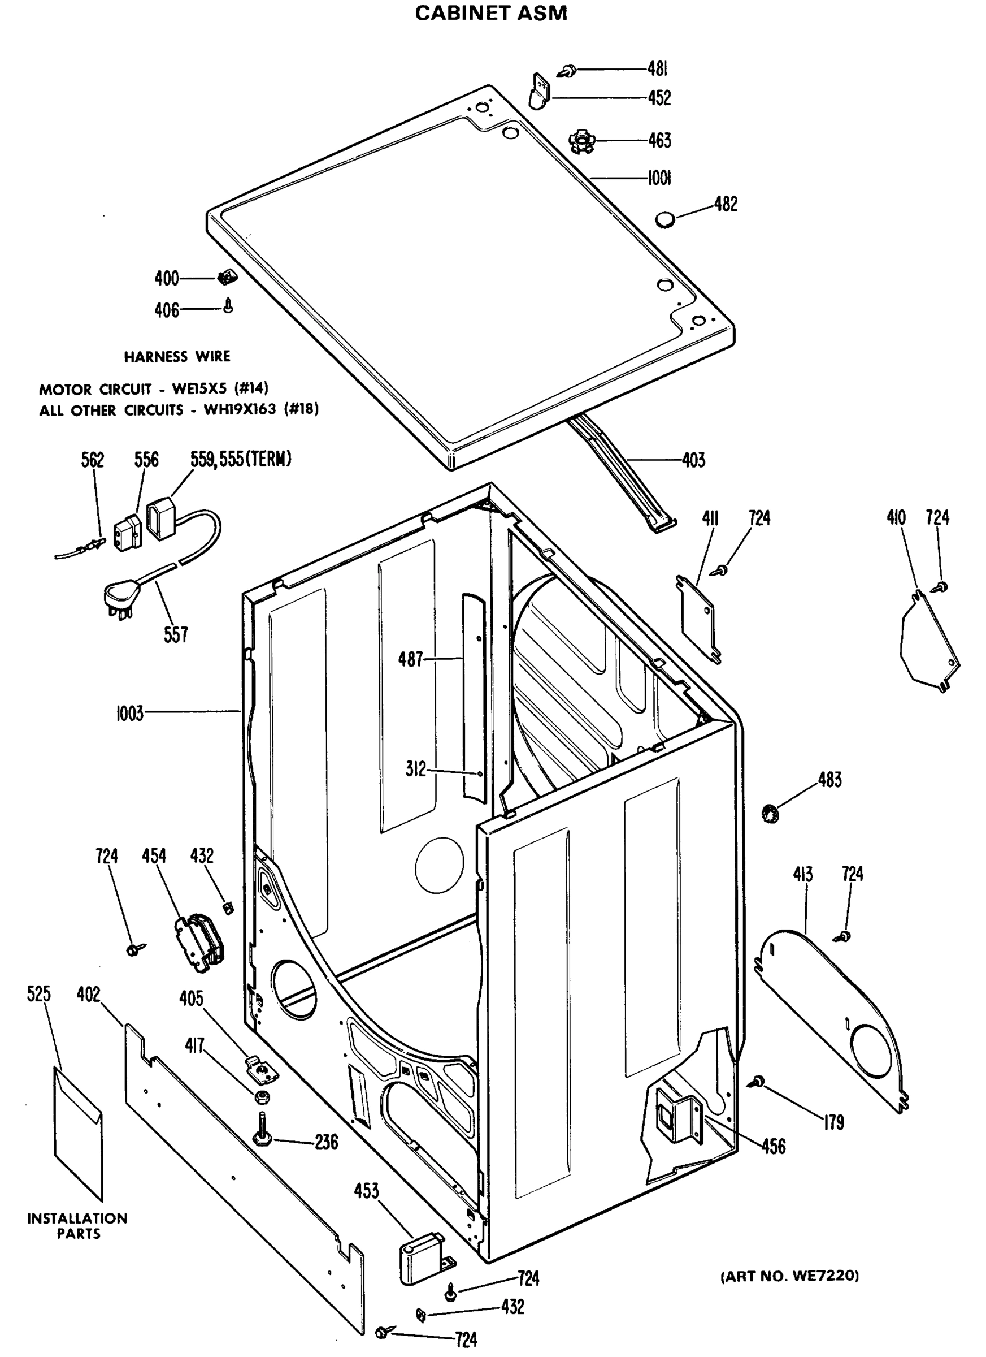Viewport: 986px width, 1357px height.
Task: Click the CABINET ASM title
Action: (x=491, y=13)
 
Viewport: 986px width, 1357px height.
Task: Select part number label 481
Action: (x=657, y=70)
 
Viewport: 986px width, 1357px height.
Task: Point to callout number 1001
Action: (x=659, y=178)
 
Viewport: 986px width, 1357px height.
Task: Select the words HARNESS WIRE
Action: (x=177, y=357)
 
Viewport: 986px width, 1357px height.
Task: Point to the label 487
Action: (x=410, y=659)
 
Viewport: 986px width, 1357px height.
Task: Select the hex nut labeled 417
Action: (x=261, y=1097)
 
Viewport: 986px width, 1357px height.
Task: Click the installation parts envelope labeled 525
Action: (x=79, y=1131)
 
